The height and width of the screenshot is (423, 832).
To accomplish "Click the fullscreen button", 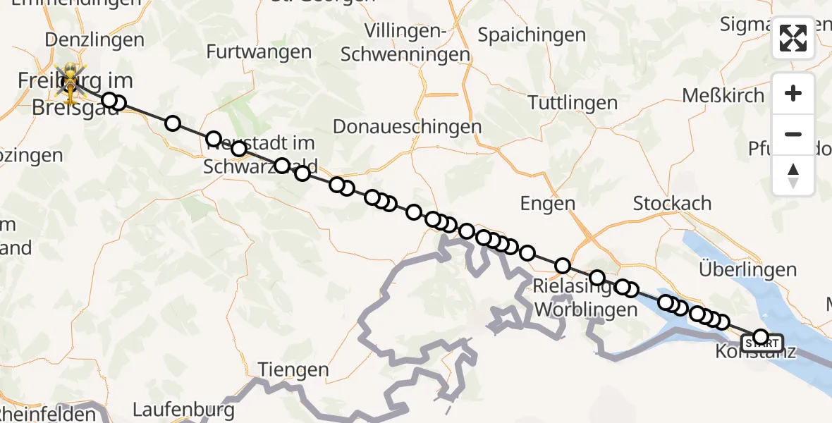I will pyautogui.click(x=793, y=38).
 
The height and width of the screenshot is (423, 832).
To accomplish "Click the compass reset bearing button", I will pyautogui.click(x=793, y=176).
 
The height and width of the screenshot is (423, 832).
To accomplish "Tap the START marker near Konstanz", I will pyautogui.click(x=762, y=344).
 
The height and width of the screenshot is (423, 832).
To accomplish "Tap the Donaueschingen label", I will pyautogui.click(x=407, y=127).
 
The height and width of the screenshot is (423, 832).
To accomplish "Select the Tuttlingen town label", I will pyautogui.click(x=573, y=103).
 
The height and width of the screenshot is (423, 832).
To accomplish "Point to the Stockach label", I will pyautogui.click(x=672, y=204).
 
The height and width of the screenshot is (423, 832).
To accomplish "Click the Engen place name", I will pyautogui.click(x=548, y=204).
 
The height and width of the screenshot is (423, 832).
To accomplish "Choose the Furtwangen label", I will pyautogui.click(x=259, y=51).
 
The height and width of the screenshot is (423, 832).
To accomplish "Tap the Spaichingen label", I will pyautogui.click(x=532, y=35).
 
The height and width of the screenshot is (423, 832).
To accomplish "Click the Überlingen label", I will pyautogui.click(x=747, y=269).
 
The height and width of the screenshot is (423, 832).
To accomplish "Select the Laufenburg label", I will pyautogui.click(x=183, y=409).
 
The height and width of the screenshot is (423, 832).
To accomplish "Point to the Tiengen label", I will pyautogui.click(x=293, y=369).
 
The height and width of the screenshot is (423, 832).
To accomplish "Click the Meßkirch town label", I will pyautogui.click(x=723, y=95).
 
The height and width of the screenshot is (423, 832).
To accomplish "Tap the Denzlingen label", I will pyautogui.click(x=85, y=39).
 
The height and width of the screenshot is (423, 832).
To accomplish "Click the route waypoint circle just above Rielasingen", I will pyautogui.click(x=597, y=278).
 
